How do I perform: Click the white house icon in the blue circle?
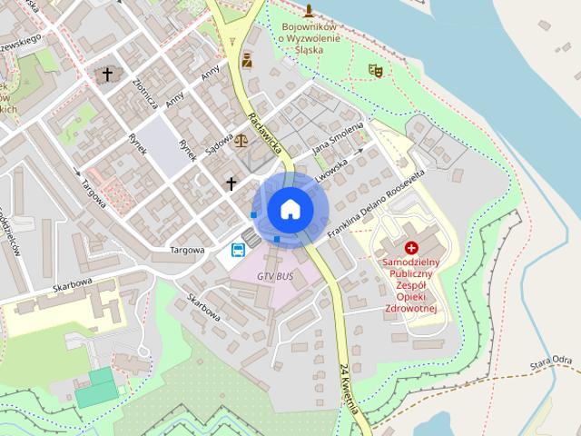coord(290,209)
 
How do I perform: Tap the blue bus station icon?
coord(238,250)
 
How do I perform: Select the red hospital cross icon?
coord(411,247)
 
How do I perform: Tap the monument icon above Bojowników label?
coord(309,11)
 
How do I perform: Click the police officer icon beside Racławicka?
coord(247,61)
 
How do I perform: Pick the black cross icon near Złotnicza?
coord(108,74)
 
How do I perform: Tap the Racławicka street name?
coord(265,133)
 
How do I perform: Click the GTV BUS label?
coord(275,275)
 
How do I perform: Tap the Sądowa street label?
coord(219,138)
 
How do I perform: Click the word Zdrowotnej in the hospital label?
coord(411,309)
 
